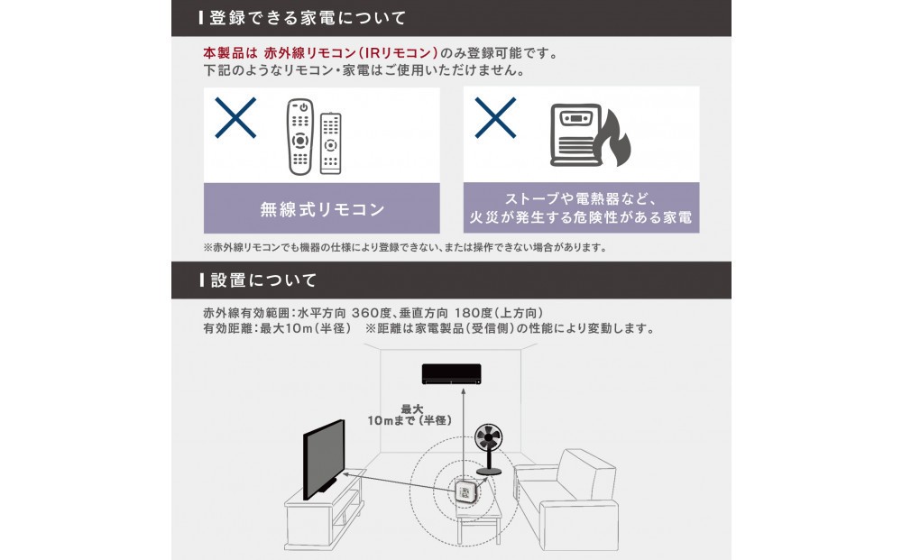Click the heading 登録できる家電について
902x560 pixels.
pos(308,18)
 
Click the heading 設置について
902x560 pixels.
pos(263,280)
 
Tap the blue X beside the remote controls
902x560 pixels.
pos(235,118)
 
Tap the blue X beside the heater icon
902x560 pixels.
pos(495,118)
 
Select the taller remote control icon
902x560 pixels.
pos(300,137)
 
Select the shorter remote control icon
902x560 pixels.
pos(330,143)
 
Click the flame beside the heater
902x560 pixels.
pos(615,138)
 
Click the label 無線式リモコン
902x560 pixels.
pos(322,209)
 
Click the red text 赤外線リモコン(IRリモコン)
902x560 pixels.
pos(351,53)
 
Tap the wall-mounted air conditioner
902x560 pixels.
pos(452,373)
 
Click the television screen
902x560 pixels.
pos(324,459)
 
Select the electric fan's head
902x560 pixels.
pos(488,438)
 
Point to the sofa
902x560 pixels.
pos(566,498)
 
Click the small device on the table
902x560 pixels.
pos(465,492)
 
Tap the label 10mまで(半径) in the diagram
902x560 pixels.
pos(410,420)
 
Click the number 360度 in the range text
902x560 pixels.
pos(372,313)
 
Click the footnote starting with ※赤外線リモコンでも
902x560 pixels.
pos(405,247)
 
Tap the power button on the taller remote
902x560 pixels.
pos(303,107)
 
